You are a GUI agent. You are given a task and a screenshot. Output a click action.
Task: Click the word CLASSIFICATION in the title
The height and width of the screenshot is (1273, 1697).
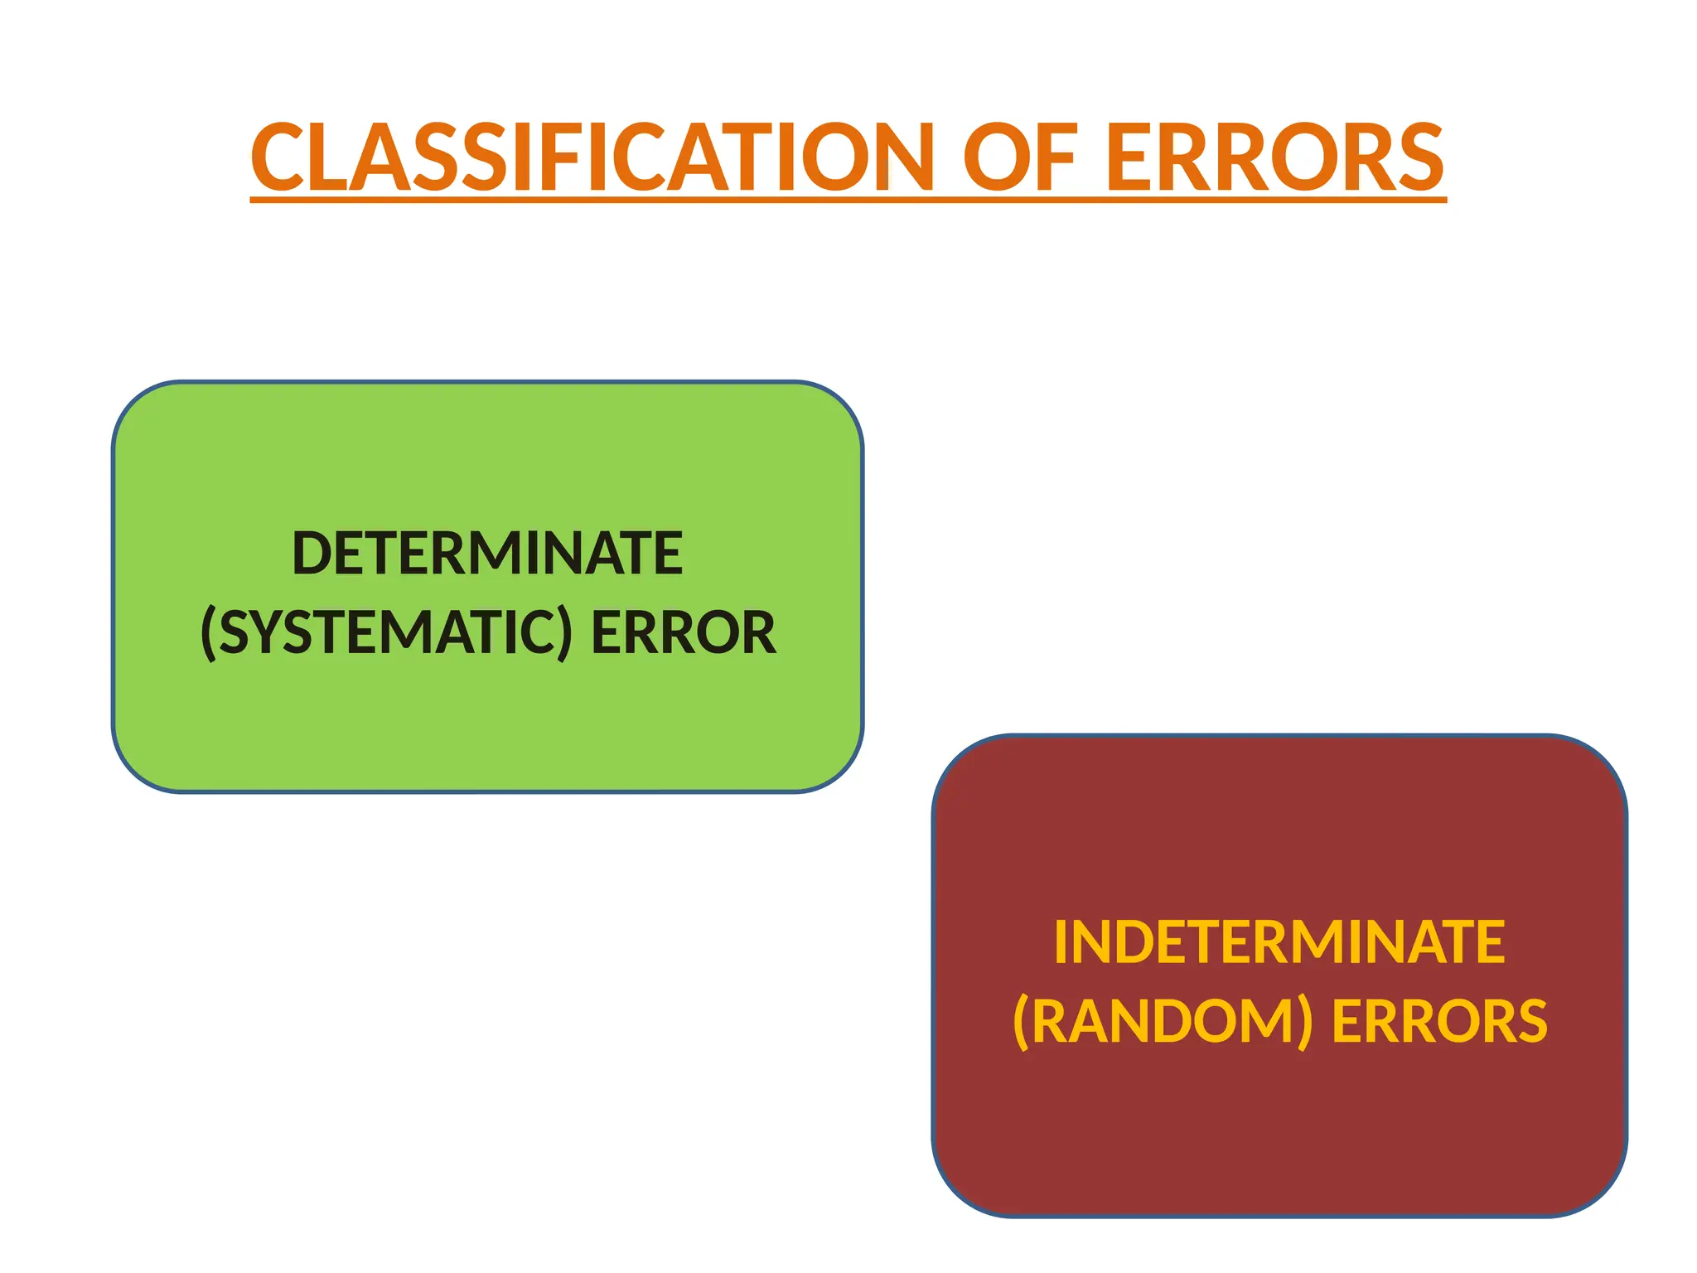click(592, 157)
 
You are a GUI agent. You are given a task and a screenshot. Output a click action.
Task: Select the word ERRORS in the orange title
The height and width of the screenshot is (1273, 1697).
click(1275, 157)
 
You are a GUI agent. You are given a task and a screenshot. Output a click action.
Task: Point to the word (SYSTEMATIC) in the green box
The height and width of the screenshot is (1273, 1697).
click(386, 633)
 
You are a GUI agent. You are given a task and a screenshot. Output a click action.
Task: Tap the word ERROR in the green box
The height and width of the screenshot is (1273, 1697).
click(683, 633)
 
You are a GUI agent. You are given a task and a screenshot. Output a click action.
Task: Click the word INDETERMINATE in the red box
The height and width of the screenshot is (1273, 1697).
click(1279, 942)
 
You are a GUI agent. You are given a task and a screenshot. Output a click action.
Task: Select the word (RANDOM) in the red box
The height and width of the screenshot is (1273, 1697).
click(1163, 1021)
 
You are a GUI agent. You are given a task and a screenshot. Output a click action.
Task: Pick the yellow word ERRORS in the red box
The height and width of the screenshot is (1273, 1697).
click(1439, 1021)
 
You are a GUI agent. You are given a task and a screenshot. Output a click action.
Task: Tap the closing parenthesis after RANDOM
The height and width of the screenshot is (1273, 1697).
click(1305, 1022)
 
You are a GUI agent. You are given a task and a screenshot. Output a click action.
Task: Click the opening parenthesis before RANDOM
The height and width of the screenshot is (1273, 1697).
click(1021, 1022)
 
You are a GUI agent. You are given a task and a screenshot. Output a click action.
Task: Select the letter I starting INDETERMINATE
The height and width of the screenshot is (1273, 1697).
click(1061, 942)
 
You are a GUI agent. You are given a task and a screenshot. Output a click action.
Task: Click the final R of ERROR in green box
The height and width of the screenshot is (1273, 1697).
click(759, 633)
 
